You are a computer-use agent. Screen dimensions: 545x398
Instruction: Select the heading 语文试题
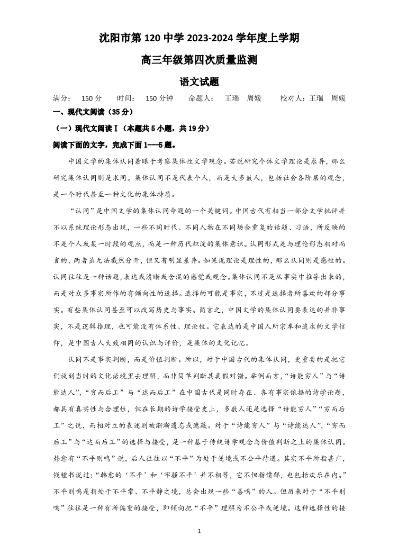click(199, 82)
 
